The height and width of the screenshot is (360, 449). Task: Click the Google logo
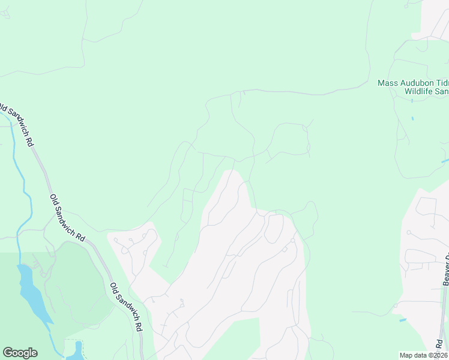[20, 353]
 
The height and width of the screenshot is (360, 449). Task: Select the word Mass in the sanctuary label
[388, 83]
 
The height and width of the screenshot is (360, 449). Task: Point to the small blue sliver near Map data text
[402, 320]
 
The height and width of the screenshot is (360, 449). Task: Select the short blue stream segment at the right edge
[444, 161]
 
